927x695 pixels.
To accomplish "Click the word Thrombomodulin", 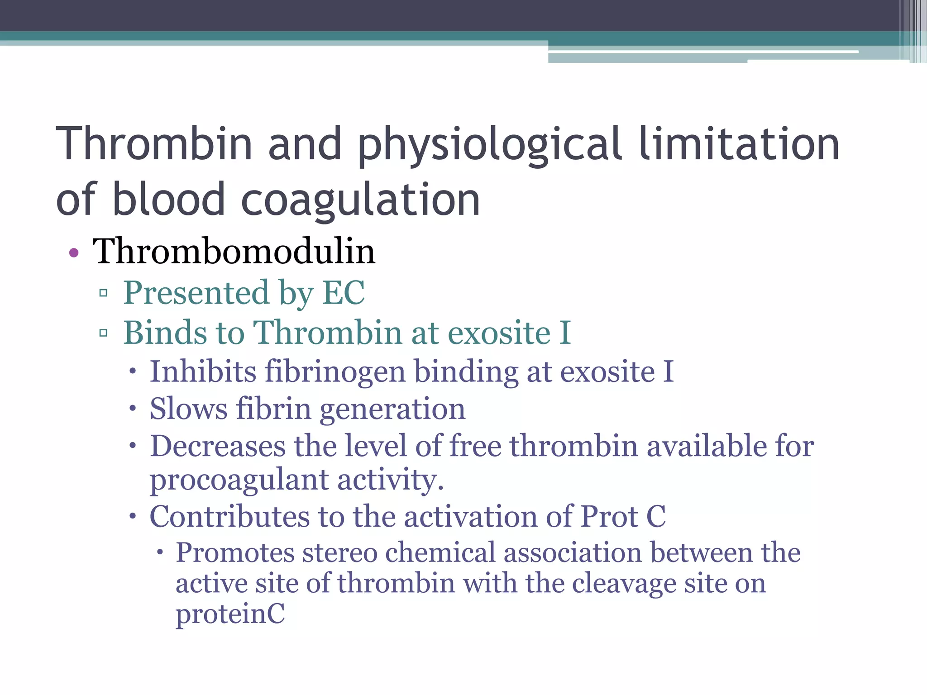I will pyautogui.click(x=234, y=252).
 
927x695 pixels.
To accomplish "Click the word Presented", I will pyautogui.click(x=196, y=293).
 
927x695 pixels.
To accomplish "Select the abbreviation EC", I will pyautogui.click(x=343, y=293).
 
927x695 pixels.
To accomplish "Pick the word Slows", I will pyautogui.click(x=188, y=409).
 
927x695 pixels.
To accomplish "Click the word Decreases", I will pyautogui.click(x=218, y=446).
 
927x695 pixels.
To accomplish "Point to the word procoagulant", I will pyautogui.click(x=239, y=481).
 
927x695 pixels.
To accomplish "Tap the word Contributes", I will pyautogui.click(x=229, y=516).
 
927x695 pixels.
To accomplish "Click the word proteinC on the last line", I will pyautogui.click(x=230, y=614).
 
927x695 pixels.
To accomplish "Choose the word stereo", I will pyautogui.click(x=340, y=553).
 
